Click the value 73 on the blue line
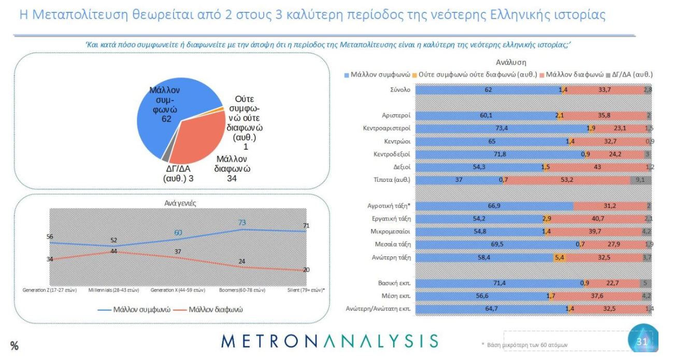coord(241,222)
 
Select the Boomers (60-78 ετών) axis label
coord(241,290)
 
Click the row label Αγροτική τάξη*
coord(389,206)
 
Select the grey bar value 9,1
coord(640,180)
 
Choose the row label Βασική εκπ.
coord(394,283)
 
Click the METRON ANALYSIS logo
coord(330,341)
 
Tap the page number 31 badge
coord(642,341)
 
